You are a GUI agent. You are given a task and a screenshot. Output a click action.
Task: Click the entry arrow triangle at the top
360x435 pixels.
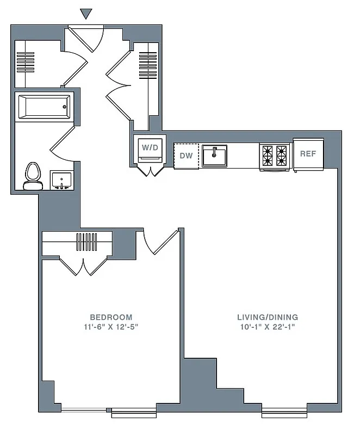click(86, 14)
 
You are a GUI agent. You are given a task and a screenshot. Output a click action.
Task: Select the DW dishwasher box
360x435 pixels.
click(187, 156)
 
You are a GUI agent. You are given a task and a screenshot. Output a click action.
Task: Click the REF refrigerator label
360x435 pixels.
click(308, 154)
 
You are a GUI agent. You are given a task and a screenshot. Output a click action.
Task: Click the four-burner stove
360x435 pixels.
click(274, 156)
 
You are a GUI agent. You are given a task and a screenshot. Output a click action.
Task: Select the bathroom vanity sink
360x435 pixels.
click(61, 180)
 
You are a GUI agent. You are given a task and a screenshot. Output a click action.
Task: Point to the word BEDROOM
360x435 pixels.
click(111, 317)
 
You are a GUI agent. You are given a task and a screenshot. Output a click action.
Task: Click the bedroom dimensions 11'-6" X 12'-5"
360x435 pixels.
click(111, 327)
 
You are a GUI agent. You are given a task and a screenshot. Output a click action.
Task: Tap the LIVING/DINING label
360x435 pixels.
click(268, 317)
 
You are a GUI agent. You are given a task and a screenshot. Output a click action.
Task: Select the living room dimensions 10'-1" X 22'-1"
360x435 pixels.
click(268, 327)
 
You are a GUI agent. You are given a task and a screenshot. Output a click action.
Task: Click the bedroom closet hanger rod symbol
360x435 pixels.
click(85, 241)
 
